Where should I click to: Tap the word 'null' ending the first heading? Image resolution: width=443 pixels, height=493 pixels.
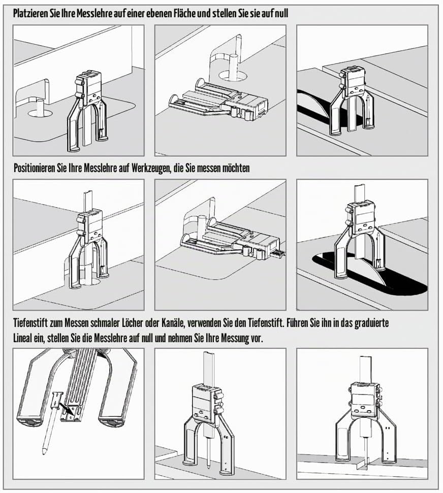pos(281,14)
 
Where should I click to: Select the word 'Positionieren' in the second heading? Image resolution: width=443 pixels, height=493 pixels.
pos(35,168)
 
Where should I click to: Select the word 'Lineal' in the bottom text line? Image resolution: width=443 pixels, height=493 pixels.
pos(23,339)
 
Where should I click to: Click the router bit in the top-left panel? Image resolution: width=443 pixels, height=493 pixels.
pos(40,107)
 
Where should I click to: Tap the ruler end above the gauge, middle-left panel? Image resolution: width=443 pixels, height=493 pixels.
pos(88,192)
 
